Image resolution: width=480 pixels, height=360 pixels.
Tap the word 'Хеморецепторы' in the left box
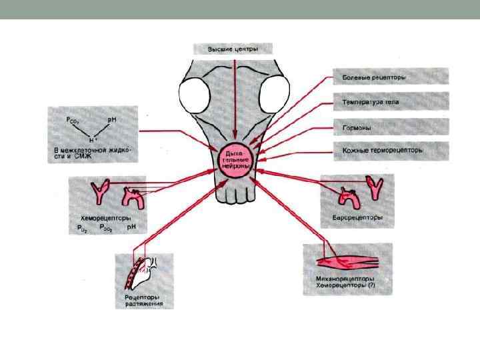[x=100, y=219]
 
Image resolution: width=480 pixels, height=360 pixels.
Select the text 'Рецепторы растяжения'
[x=143, y=301]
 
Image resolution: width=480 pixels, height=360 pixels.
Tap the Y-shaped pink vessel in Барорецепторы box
[x=375, y=189]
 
